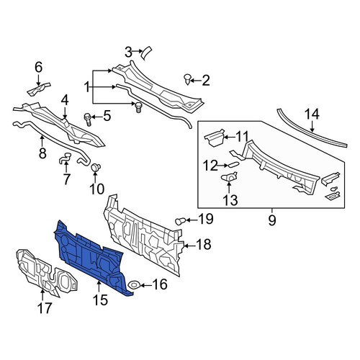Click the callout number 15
pyautogui.click(x=100, y=300)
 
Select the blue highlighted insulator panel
pyautogui.click(x=91, y=258)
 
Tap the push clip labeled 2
pyautogui.click(x=187, y=79)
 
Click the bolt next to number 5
pyautogui.click(x=87, y=120)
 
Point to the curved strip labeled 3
pyautogui.click(x=146, y=53)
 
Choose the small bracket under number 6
pyautogui.click(x=38, y=89)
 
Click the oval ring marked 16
pyautogui.click(x=134, y=285)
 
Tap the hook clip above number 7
pyautogui.click(x=65, y=158)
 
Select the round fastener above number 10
pyautogui.click(x=96, y=167)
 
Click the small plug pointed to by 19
pyautogui.click(x=180, y=221)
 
